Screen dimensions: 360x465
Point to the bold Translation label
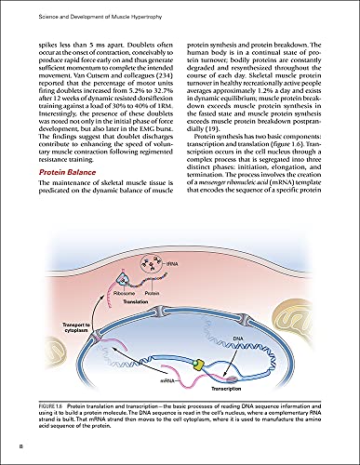click(x=138, y=302)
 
